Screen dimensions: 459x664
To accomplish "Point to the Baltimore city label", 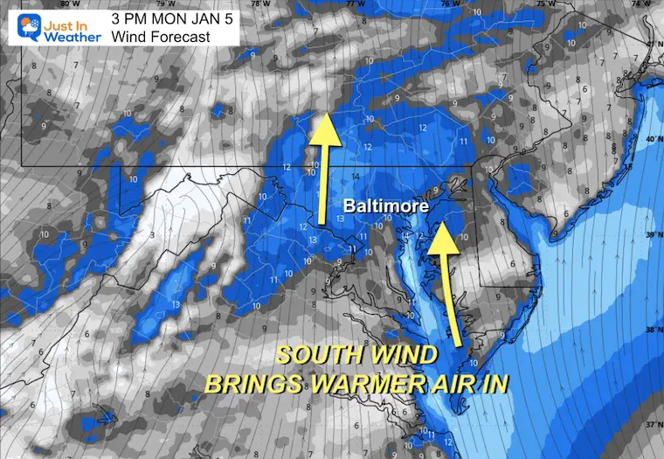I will point(387,207).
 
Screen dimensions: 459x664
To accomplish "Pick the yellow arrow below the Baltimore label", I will point(450,281).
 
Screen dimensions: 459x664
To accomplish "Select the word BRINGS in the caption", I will point(253,384).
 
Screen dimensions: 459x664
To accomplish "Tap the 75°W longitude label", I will point(545,5).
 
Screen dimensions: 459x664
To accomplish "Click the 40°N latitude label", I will point(651,139).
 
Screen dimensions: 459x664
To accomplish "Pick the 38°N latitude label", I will point(651,330).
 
